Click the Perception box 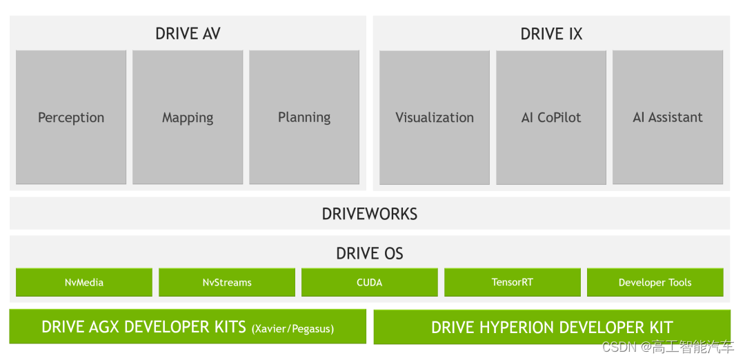point(71,117)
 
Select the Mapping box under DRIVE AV point(188,117)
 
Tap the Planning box point(304,117)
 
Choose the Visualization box point(435,117)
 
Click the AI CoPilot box point(551,117)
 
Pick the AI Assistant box point(668,117)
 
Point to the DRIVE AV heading point(188,33)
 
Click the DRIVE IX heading point(551,33)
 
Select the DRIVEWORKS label point(370,214)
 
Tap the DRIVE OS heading point(370,253)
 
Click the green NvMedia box point(84,282)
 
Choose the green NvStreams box point(227,282)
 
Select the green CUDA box point(370,282)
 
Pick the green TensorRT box point(512,282)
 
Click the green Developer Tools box point(655,282)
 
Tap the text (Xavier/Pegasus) point(292,328)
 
